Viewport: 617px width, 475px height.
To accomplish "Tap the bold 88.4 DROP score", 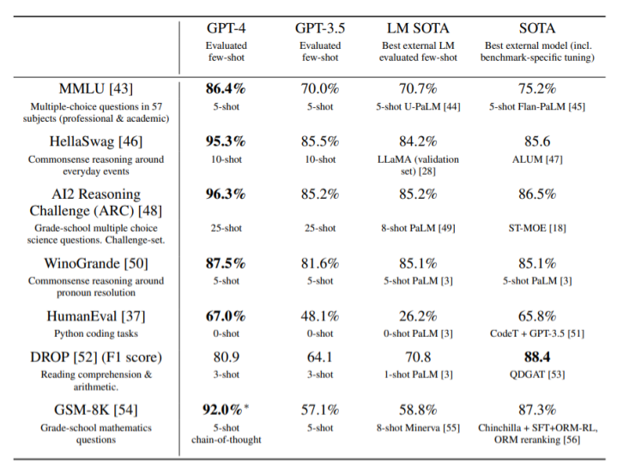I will click(x=537, y=357).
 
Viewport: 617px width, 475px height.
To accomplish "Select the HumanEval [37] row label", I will click(x=95, y=316).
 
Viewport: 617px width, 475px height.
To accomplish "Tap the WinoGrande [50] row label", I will click(x=95, y=263).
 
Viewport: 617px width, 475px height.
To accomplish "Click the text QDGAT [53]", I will click(x=537, y=375).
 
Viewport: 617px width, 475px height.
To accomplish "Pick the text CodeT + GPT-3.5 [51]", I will click(x=537, y=334).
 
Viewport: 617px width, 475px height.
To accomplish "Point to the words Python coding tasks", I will click(x=95, y=334).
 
